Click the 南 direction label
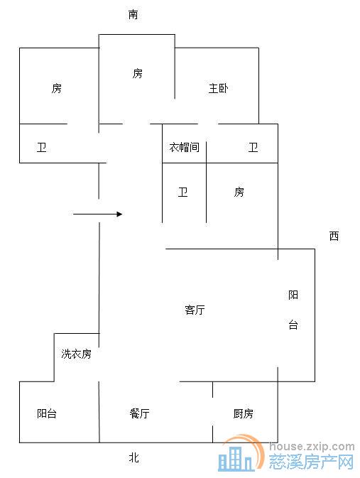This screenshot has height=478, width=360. pos(133,15)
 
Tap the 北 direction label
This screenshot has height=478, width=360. pos(133,458)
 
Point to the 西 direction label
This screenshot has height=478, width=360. pos(334,237)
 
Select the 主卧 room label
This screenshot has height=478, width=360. pos(218,89)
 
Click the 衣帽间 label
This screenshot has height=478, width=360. pos(183,148)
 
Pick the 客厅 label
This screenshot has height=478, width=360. pos(195,310)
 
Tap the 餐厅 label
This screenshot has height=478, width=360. pos(139,413)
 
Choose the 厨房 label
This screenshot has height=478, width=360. pos(244,413)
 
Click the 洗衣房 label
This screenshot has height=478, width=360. pos(76,354)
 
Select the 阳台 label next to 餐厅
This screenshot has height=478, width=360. pos(47,413)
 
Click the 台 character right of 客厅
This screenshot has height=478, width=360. pos(293,325)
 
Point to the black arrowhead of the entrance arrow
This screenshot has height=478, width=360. pos(120,214)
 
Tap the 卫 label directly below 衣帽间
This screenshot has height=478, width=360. pos(183,192)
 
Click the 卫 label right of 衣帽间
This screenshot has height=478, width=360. pos(253,148)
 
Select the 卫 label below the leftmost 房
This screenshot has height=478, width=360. pos(42,148)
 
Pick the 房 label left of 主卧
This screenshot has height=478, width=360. pos(137,73)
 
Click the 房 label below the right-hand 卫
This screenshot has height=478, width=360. pos(239,192)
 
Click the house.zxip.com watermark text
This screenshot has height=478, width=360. pos(313,447)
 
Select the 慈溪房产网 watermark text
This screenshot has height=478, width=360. pos(312,463)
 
